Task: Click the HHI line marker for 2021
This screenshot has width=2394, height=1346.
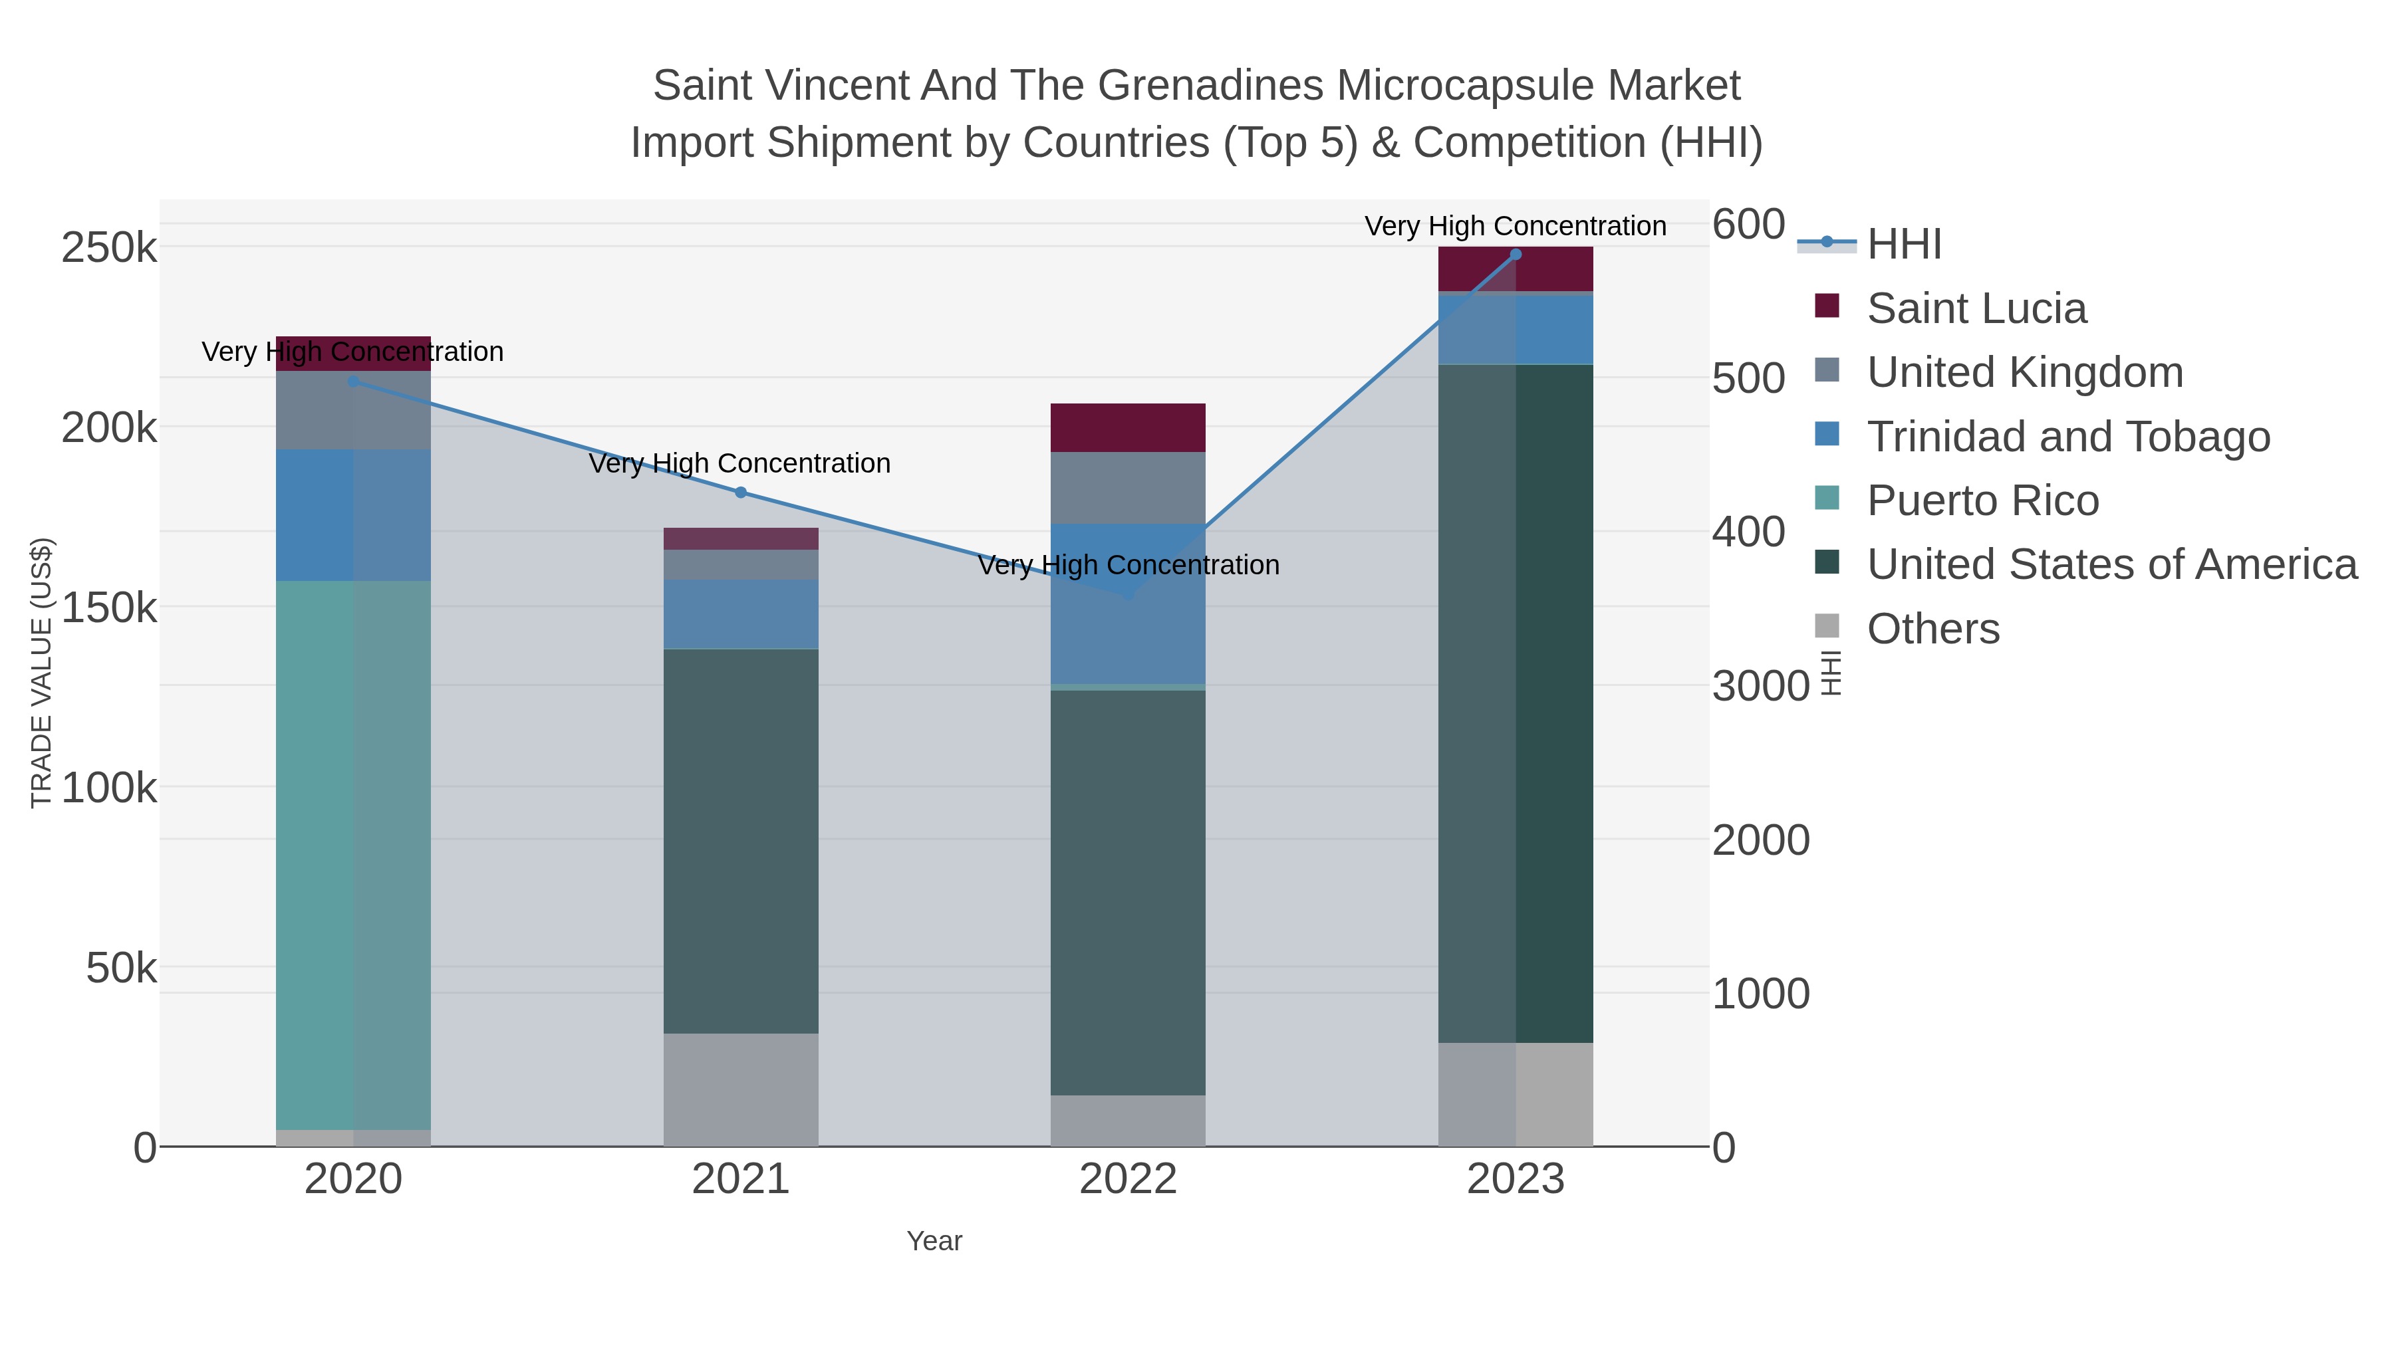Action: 741,493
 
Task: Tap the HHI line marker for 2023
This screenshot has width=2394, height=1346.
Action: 1516,255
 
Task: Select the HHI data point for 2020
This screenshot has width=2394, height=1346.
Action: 353,381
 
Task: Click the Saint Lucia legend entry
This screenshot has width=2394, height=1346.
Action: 1976,308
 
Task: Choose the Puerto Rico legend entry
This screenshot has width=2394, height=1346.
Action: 1982,501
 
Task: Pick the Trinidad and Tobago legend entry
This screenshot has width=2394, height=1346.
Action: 2067,437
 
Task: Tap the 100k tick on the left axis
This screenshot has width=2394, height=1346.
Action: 109,788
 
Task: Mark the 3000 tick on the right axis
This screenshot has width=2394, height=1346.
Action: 1760,687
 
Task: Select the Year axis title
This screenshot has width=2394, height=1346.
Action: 934,1241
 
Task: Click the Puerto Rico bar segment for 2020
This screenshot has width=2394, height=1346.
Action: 353,855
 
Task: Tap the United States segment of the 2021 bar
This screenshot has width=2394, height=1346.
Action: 741,841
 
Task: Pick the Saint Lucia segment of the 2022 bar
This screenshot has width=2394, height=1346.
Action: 1129,428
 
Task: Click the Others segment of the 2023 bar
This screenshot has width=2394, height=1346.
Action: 1516,1094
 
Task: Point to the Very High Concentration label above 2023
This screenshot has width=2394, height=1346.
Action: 1515,227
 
